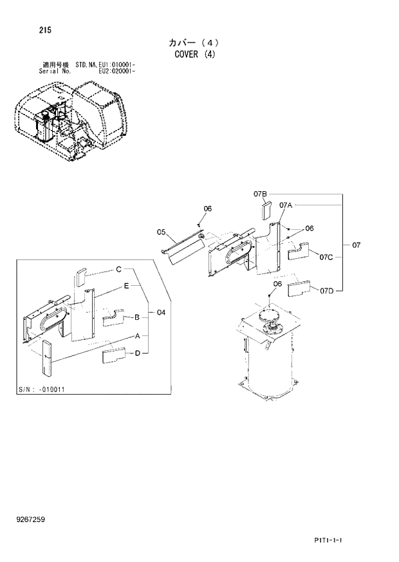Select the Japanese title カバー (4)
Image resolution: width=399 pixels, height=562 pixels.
194,42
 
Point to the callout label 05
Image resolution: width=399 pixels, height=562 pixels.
161,232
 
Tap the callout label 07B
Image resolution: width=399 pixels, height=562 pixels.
259,194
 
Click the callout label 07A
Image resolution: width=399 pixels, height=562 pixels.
286,205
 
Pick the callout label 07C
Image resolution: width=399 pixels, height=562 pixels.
326,258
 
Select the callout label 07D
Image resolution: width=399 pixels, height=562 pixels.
326,291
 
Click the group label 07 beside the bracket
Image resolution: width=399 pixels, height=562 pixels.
357,245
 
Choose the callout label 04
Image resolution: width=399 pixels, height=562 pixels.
161,313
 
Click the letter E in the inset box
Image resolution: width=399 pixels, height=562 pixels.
127,285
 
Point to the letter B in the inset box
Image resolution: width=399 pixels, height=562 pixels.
136,317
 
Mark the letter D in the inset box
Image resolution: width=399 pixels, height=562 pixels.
137,352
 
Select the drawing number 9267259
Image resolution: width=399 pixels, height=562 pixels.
31,520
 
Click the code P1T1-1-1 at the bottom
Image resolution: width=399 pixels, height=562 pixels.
328,540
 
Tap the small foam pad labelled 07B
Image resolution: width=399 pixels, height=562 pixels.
266,211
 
